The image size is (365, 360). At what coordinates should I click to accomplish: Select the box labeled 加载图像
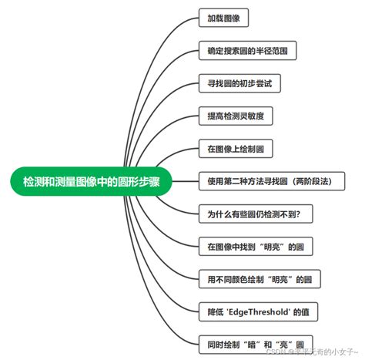coord(223,18)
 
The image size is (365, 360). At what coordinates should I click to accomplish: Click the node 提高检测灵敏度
coord(235,116)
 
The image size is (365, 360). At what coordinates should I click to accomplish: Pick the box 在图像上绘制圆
coord(235,149)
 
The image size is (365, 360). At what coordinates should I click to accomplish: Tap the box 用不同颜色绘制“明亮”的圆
coord(259,279)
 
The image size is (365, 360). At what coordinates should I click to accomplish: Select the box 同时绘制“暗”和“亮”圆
coord(254,344)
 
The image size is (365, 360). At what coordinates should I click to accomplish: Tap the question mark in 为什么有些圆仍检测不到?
coord(308,214)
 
